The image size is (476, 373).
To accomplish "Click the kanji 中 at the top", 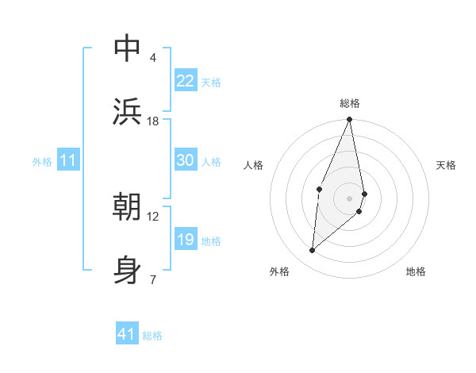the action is [x=127, y=49].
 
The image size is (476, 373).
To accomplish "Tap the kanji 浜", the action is [x=127, y=111].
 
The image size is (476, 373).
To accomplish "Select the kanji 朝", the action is [x=127, y=206].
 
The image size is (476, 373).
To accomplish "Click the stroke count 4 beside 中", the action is [x=153, y=58].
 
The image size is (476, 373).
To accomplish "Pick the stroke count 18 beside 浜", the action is [x=153, y=121].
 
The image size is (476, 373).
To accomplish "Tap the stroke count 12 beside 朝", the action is [x=153, y=216].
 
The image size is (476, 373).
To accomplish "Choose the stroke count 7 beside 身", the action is [x=153, y=279].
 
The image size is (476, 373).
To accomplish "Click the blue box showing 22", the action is [x=186, y=81].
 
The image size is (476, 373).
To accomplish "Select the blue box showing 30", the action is [x=186, y=160].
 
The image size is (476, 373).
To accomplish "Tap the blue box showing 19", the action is [x=186, y=240].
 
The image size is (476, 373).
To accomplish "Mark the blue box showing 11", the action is [x=68, y=161].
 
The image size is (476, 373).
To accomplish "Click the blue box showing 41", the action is [x=127, y=334].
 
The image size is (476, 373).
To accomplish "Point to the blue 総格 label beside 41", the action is [x=153, y=336].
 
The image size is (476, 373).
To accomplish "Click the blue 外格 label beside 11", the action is [x=42, y=162].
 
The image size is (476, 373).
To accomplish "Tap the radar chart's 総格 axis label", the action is [x=350, y=103].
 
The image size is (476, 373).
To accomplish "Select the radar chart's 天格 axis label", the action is [x=447, y=165].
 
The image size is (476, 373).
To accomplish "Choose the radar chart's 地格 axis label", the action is [x=416, y=271].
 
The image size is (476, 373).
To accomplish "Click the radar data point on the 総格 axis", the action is [x=350, y=120].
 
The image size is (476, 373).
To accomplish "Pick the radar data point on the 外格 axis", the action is [x=313, y=251].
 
